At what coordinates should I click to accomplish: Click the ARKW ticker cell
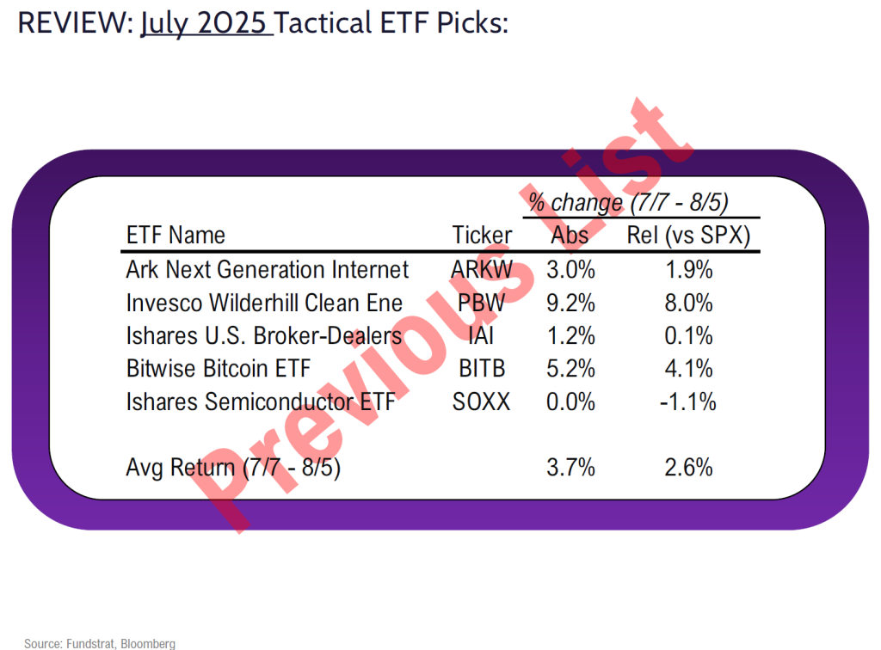click(482, 270)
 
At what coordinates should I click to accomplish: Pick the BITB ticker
click(482, 368)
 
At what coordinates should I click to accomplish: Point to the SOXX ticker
click(482, 401)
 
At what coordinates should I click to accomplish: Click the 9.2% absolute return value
click(571, 303)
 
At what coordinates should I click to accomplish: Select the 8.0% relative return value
click(688, 303)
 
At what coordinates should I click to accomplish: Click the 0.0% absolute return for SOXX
click(571, 401)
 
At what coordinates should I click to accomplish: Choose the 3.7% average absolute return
click(571, 468)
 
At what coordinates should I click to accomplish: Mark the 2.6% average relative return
click(688, 468)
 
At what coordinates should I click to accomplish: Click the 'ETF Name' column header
click(176, 235)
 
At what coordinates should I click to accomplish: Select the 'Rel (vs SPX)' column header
click(688, 235)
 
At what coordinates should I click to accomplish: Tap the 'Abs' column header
click(570, 235)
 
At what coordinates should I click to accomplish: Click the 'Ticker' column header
click(482, 235)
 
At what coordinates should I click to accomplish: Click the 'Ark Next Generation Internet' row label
click(267, 270)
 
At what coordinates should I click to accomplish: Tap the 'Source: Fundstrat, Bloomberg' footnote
click(100, 643)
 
